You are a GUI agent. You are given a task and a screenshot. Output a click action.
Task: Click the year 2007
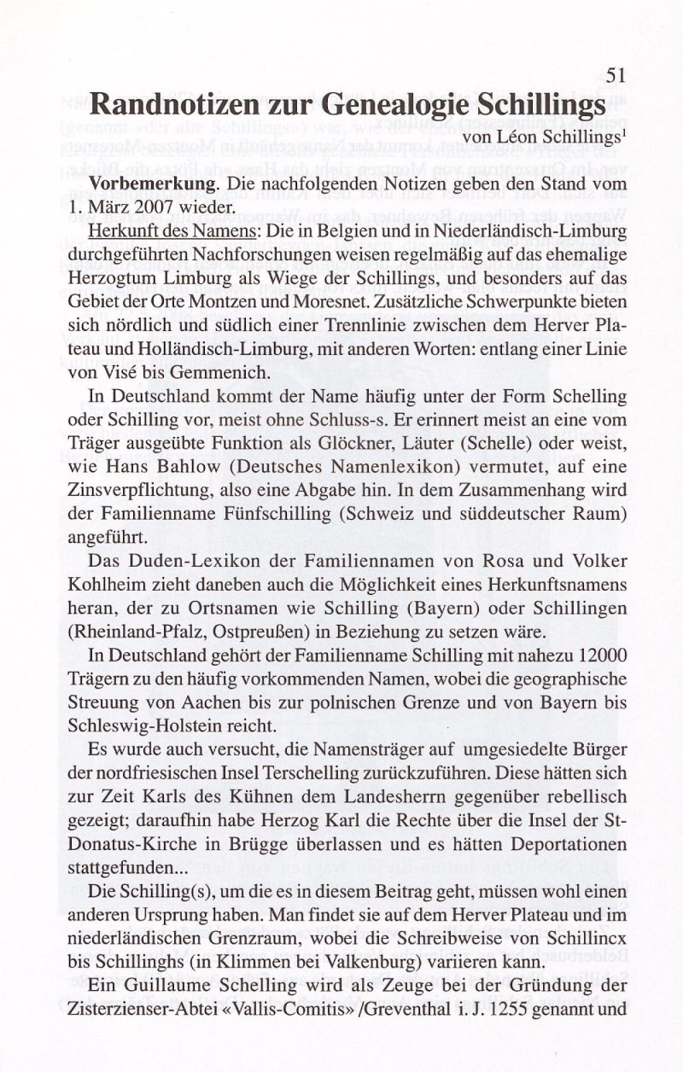tap(175, 207)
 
